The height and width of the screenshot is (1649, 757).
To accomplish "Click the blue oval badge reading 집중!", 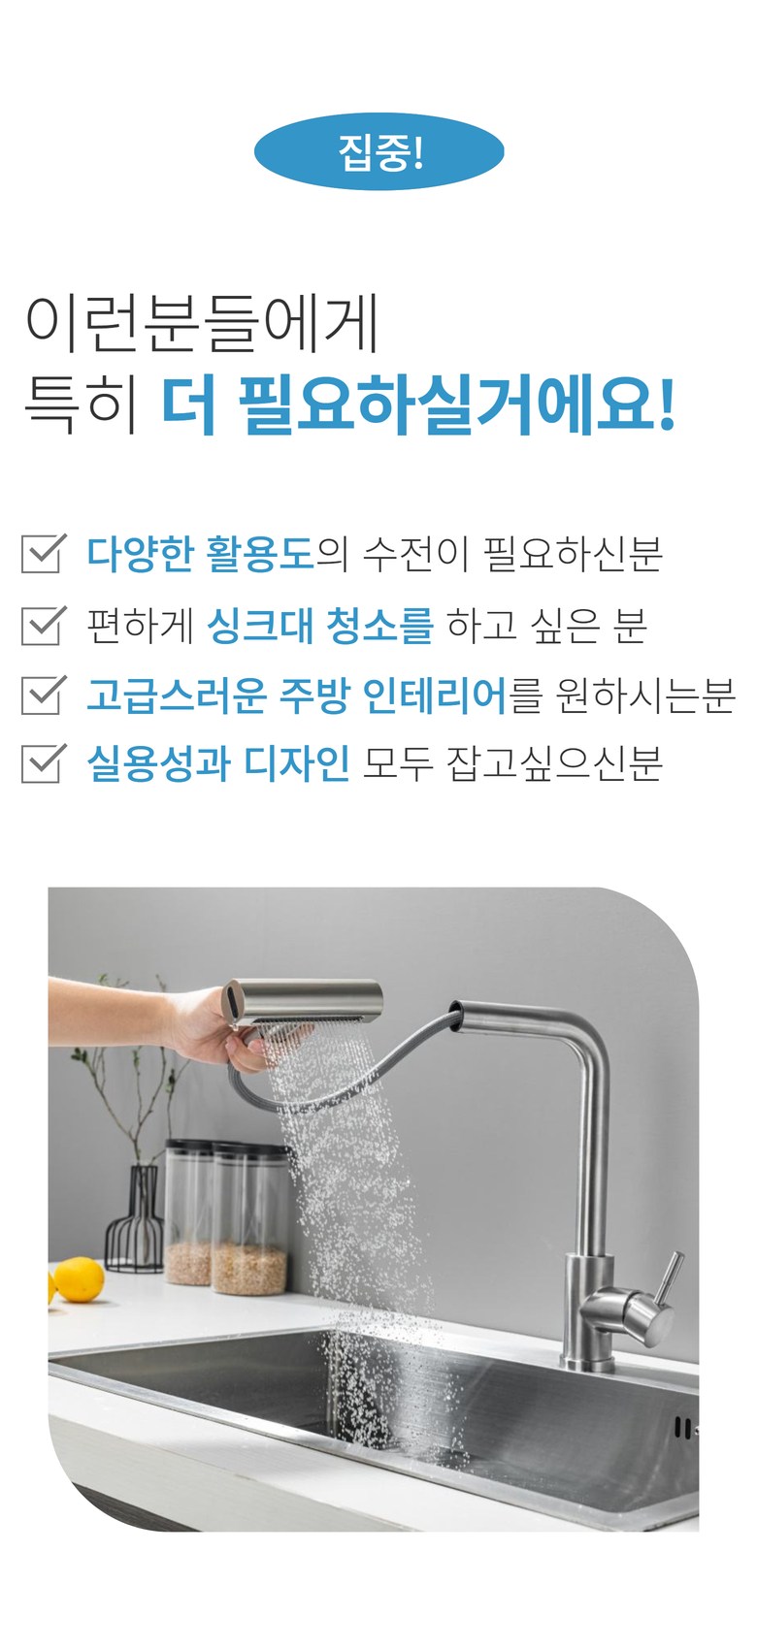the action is [x=378, y=151].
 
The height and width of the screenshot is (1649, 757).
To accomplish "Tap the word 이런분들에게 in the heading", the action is [x=202, y=323].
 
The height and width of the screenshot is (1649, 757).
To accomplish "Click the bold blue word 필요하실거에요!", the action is [x=456, y=404].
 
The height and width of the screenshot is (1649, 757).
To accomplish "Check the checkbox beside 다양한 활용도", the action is [x=44, y=553].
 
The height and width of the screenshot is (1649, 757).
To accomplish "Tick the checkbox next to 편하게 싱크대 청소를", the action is [x=44, y=625].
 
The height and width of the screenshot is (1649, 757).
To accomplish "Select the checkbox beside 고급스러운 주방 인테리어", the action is [x=44, y=695].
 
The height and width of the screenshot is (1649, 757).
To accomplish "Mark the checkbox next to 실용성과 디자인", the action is [x=44, y=762].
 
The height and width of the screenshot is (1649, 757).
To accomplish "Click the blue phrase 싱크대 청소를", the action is [x=320, y=626].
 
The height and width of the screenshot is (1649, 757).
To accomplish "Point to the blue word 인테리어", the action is [x=435, y=695].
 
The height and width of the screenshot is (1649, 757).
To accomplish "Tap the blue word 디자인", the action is [x=297, y=763].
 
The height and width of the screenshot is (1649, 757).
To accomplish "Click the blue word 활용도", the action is [x=261, y=554].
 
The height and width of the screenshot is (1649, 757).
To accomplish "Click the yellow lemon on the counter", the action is [x=78, y=1280].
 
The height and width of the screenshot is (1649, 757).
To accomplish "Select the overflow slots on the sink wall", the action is [x=682, y=1428].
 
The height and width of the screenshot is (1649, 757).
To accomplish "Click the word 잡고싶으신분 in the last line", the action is [x=554, y=763].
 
